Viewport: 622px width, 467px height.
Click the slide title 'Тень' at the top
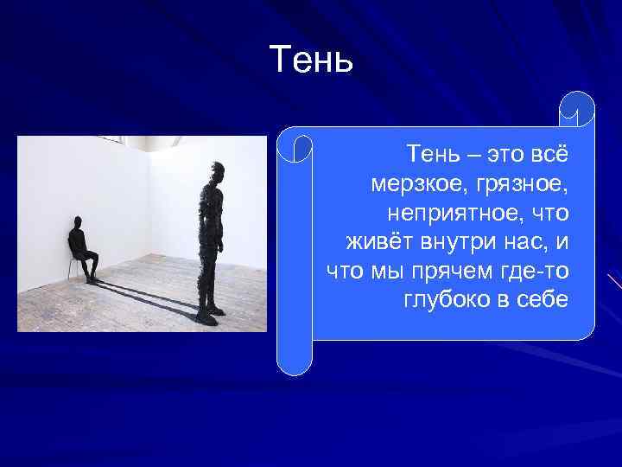click(311, 59)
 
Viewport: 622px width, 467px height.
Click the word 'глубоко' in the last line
click(444, 300)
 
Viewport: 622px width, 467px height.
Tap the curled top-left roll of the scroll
click(295, 148)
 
